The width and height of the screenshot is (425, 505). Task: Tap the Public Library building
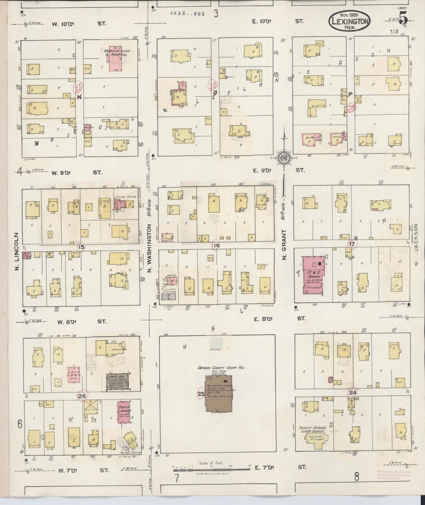[x=124, y=412]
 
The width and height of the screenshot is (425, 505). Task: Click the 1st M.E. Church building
[x=314, y=275]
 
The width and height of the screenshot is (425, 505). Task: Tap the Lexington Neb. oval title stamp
[x=350, y=21]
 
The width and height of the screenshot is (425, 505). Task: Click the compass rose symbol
[x=284, y=158]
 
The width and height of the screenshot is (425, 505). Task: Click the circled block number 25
[x=201, y=394]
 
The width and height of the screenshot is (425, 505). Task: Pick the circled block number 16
[x=216, y=245]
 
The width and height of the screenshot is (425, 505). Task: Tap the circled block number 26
[x=82, y=396]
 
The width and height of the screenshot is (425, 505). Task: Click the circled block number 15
[x=81, y=247]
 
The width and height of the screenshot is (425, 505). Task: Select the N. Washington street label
[x=149, y=248]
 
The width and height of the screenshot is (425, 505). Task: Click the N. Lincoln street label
[x=16, y=251]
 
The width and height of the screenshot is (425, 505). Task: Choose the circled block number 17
[x=352, y=244]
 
